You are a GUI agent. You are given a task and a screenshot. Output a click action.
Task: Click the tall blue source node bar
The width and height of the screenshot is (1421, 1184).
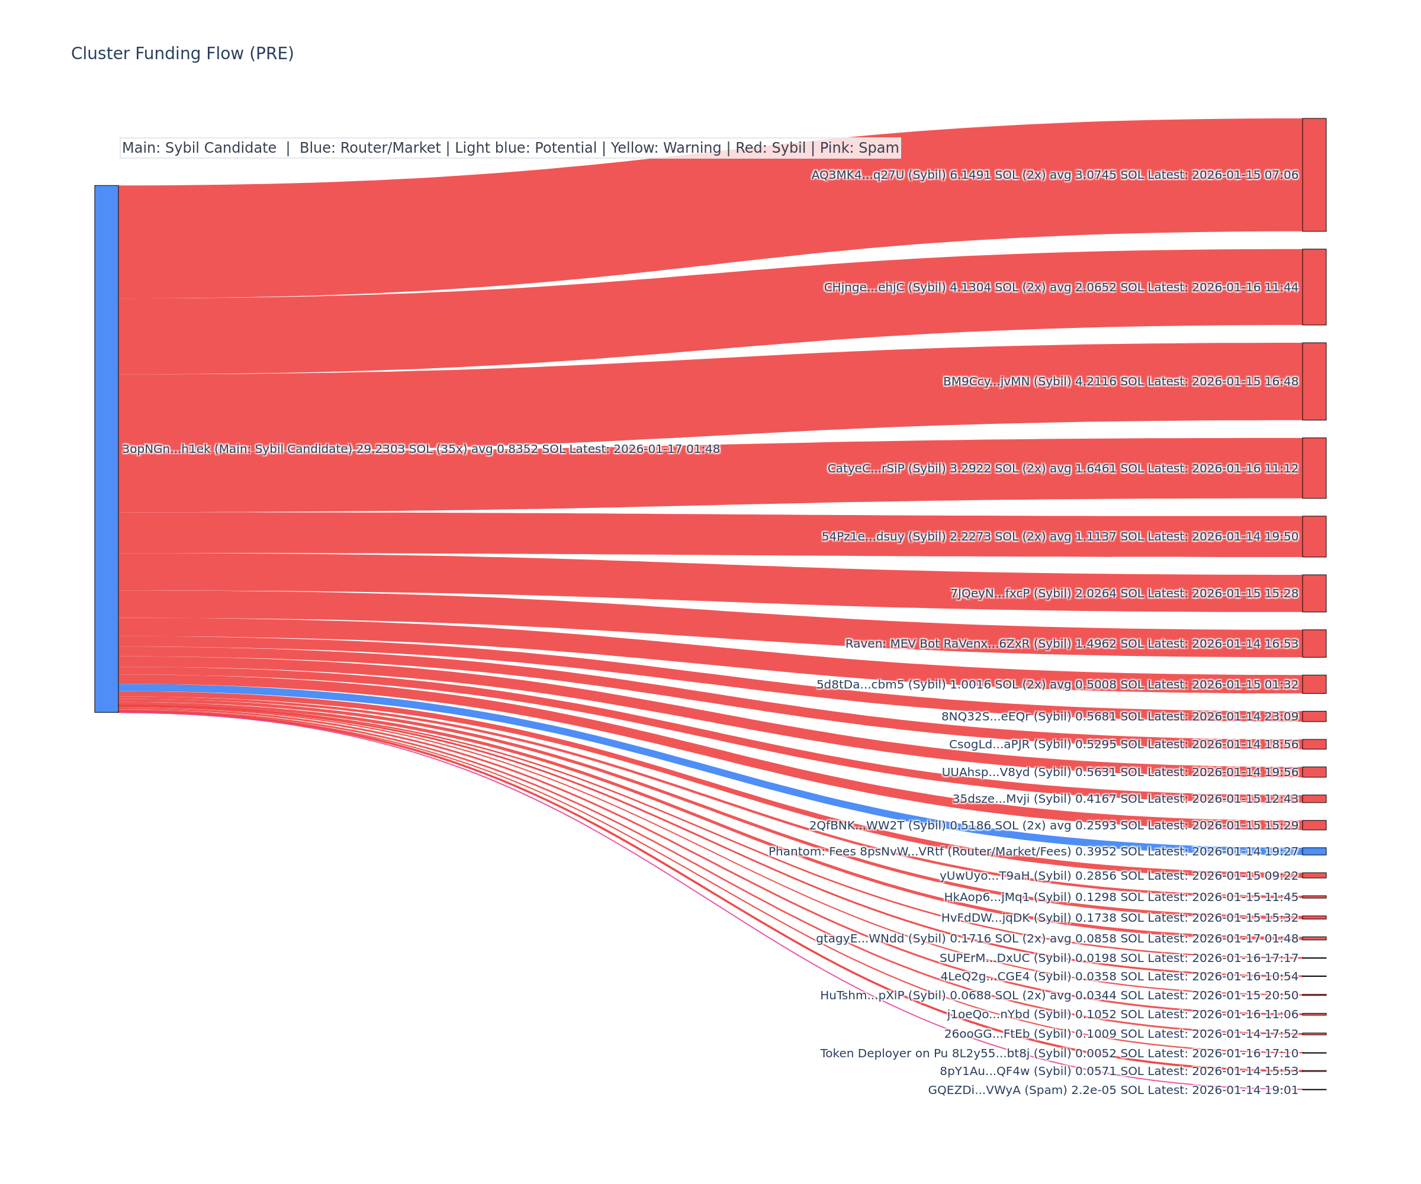pyautogui.click(x=106, y=449)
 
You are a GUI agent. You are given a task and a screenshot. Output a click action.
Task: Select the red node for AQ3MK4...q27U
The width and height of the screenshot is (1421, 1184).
pyautogui.click(x=1313, y=175)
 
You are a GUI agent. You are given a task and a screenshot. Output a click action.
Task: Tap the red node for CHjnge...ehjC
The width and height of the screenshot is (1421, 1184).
pyautogui.click(x=1313, y=287)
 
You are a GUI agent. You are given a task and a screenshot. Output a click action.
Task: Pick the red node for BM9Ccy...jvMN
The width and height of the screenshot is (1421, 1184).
pyautogui.click(x=1313, y=381)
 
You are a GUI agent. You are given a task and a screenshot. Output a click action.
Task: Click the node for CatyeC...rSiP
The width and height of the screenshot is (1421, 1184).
pyautogui.click(x=1313, y=468)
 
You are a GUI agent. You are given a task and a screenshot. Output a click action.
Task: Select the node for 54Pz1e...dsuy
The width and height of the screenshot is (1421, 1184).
pyautogui.click(x=1313, y=536)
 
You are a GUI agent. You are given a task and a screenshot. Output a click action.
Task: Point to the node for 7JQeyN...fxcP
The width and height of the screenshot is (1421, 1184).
pyautogui.click(x=1313, y=593)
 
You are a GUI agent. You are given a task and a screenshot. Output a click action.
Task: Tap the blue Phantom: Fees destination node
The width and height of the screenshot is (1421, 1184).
pyautogui.click(x=1313, y=851)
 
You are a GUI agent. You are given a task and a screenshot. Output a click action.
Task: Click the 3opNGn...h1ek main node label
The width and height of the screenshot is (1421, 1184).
pyautogui.click(x=420, y=449)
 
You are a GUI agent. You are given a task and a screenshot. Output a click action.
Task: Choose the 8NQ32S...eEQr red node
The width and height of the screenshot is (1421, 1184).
pyautogui.click(x=1313, y=716)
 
